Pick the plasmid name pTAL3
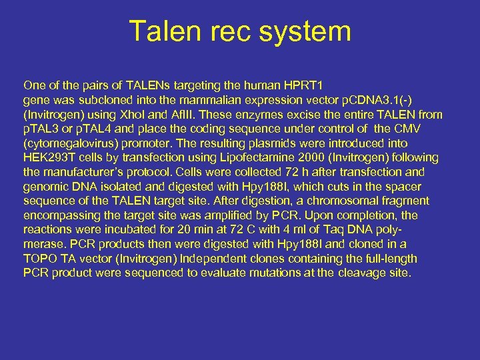(43, 129)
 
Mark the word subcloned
(109, 100)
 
